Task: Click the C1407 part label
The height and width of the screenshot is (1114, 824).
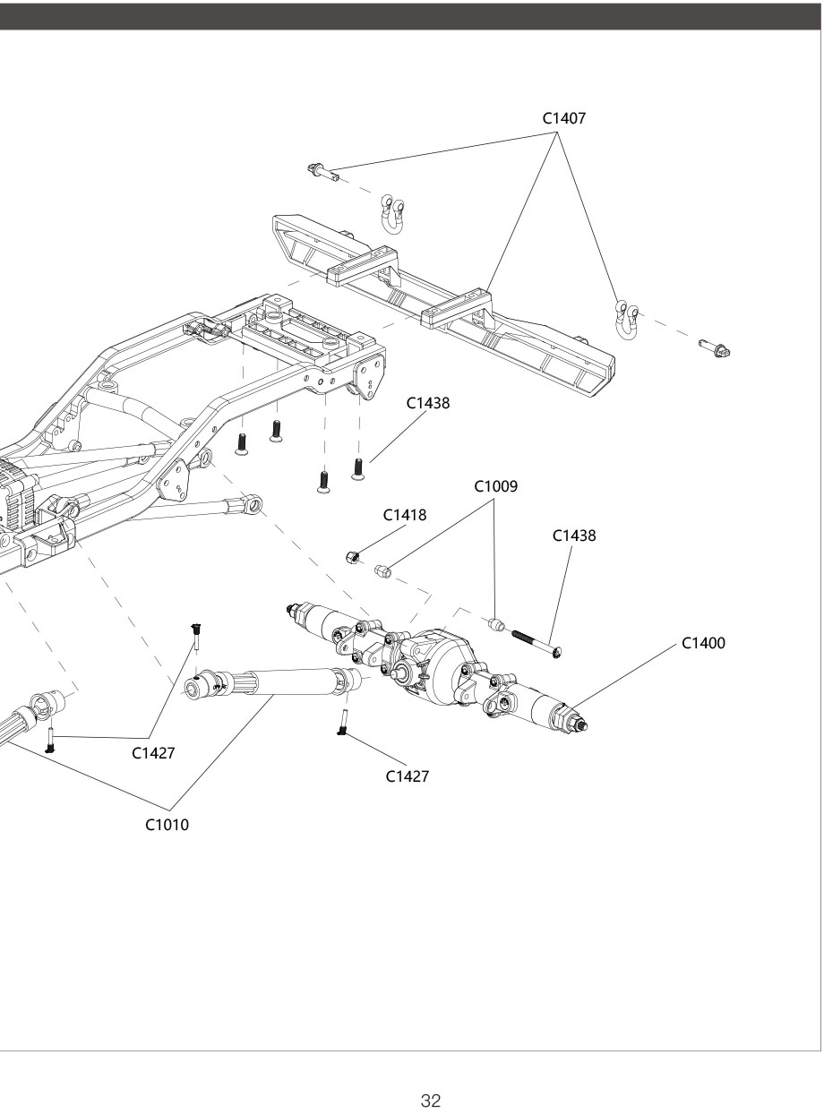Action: (565, 118)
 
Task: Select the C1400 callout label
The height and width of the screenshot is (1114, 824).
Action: (703, 643)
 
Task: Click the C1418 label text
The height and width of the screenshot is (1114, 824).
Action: (405, 515)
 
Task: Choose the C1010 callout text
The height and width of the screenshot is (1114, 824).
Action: (167, 825)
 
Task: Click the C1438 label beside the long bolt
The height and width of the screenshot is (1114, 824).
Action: (574, 536)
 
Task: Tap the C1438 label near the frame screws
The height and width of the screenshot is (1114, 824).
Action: (428, 403)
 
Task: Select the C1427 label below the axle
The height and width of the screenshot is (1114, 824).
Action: (408, 776)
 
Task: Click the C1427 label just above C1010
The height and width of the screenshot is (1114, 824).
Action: (153, 753)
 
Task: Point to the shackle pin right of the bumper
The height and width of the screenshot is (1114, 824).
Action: (716, 347)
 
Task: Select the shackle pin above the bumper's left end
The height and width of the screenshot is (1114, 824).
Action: (323, 171)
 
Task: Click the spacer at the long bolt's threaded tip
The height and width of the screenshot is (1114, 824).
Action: (497, 623)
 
